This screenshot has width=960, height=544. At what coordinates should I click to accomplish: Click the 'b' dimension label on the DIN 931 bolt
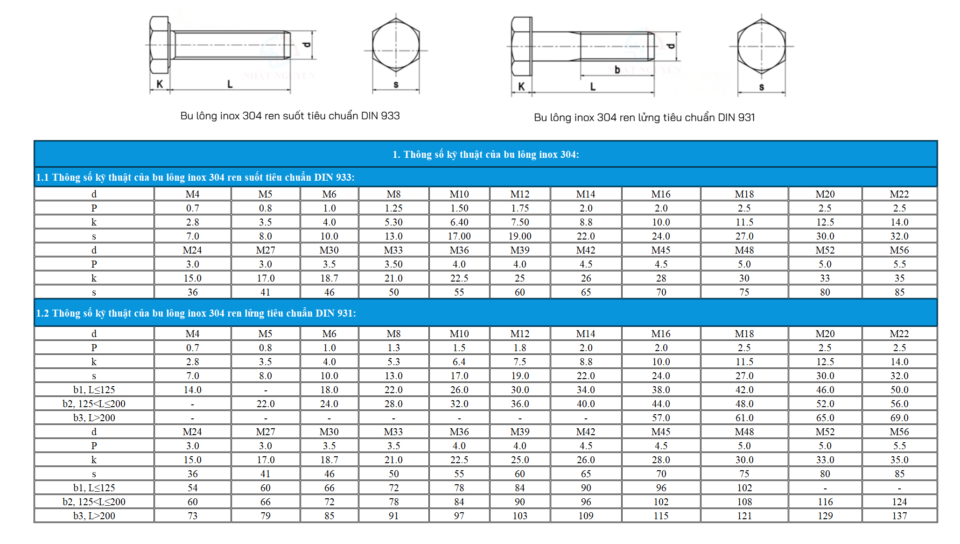click(x=617, y=70)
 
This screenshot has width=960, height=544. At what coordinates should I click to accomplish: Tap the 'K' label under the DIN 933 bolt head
click(x=160, y=84)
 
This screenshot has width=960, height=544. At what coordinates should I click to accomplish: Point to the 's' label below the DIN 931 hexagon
click(x=762, y=87)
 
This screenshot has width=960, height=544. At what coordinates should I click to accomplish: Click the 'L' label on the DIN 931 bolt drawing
click(x=593, y=86)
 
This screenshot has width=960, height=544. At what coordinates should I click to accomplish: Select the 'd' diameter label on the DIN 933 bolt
click(x=306, y=45)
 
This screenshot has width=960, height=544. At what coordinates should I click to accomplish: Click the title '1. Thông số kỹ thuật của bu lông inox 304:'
click(x=485, y=155)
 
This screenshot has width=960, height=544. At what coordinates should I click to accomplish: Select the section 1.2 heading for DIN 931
click(x=196, y=313)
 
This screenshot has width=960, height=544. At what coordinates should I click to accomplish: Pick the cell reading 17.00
click(x=459, y=236)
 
